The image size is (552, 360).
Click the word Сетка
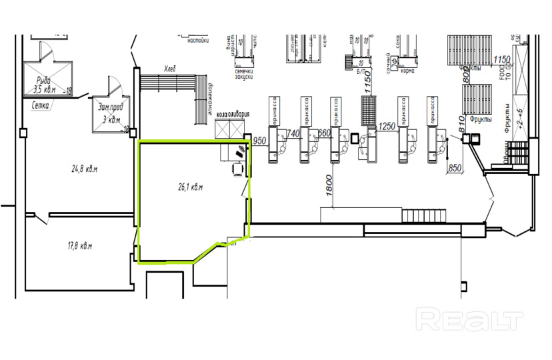point(43,104)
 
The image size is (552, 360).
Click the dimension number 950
point(260,140)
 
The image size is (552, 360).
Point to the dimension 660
point(324,134)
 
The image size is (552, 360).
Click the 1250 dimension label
point(387,127)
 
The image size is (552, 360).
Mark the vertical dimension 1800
point(329,185)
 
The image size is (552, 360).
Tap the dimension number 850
point(455,167)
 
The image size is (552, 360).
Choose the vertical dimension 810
point(459,124)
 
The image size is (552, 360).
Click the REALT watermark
point(469,319)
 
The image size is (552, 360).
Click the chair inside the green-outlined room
point(237,169)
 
